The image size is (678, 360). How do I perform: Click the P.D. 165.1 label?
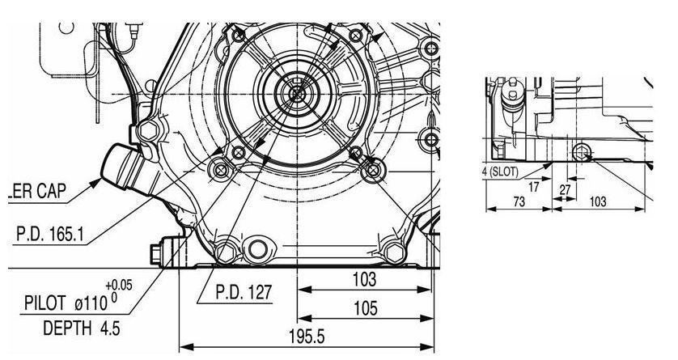pyautogui.click(x=49, y=234)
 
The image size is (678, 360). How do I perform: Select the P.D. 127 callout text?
pyautogui.click(x=244, y=292)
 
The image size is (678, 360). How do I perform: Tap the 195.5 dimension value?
pyautogui.click(x=307, y=337)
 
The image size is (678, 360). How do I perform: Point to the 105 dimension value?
pyautogui.click(x=366, y=308)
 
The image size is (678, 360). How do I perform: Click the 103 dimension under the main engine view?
pyautogui.click(x=365, y=280)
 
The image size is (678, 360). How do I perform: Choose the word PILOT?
pyautogui.click(x=45, y=303)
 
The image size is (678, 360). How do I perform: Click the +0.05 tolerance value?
pyautogui.click(x=119, y=286)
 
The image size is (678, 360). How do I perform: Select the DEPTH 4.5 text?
pyautogui.click(x=81, y=328)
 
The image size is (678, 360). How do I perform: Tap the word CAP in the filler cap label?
pyautogui.click(x=52, y=191)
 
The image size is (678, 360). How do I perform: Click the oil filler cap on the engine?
pyautogui.click(x=124, y=167)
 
